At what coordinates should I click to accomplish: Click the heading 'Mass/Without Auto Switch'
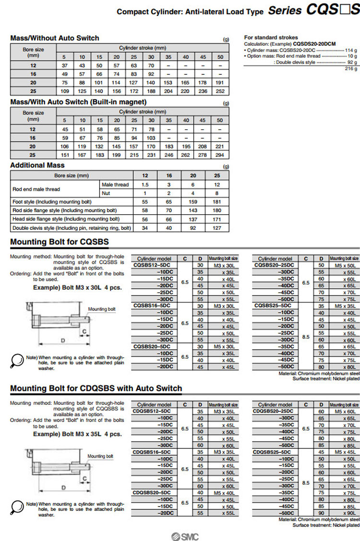click(55, 38)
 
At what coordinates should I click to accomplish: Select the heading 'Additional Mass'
click(37, 165)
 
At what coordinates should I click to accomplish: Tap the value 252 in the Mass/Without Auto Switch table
click(220, 91)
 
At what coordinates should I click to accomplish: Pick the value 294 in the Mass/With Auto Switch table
click(220, 155)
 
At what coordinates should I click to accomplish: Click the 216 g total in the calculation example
click(352, 69)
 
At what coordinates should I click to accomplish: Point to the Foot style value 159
click(194, 202)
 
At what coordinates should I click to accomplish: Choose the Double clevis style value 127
click(217, 228)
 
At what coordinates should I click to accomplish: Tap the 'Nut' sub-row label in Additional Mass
click(105, 193)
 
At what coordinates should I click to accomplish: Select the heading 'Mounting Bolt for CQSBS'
click(60, 242)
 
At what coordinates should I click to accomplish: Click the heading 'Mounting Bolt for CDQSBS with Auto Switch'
click(96, 388)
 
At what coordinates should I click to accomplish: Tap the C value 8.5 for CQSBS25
click(305, 337)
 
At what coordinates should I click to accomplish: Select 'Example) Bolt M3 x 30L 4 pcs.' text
click(77, 288)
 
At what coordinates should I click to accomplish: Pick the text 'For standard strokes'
click(271, 37)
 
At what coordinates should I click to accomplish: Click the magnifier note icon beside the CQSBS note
click(17, 360)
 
